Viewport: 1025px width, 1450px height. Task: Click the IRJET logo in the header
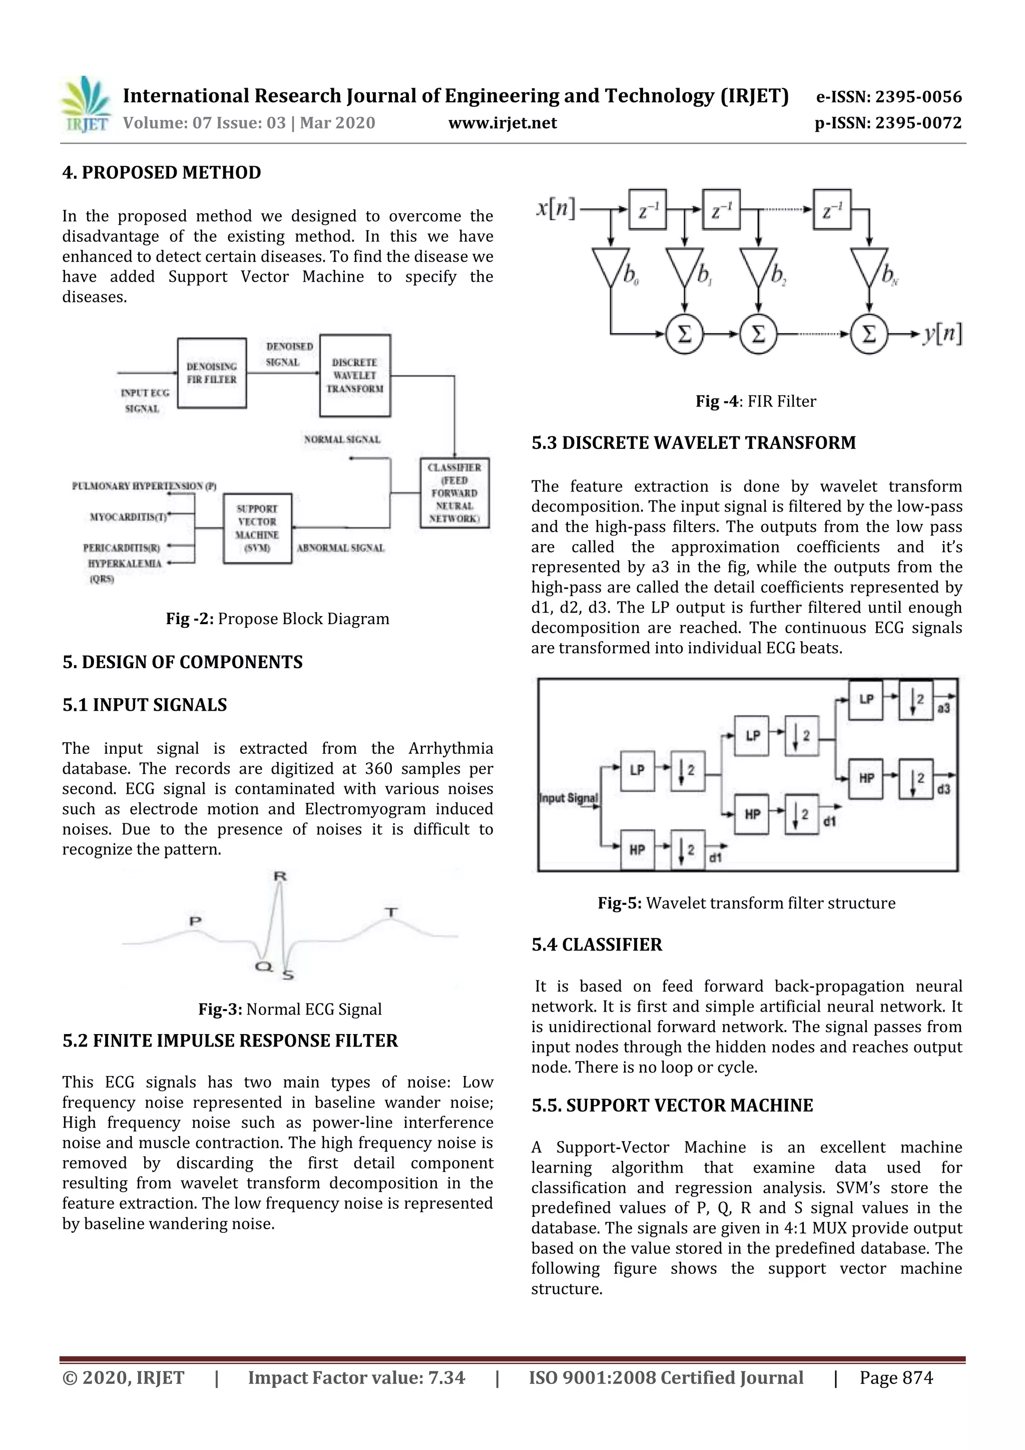(x=85, y=105)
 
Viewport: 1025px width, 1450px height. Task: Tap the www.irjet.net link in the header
(x=502, y=123)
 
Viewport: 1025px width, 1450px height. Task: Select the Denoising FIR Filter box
(x=212, y=373)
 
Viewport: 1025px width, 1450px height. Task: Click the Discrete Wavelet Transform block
(x=354, y=376)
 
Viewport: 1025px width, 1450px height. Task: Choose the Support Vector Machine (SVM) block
(x=257, y=528)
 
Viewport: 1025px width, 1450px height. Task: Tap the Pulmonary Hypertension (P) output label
(x=144, y=487)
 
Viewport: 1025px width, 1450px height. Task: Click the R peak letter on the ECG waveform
(x=280, y=876)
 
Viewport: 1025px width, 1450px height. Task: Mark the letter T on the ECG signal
(x=391, y=912)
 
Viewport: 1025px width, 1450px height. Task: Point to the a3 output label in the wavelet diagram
(x=943, y=709)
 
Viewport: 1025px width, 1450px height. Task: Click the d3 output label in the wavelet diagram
(x=943, y=789)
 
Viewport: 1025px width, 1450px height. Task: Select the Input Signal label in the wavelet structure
(x=569, y=798)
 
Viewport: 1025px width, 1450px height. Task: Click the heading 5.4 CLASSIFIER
(x=596, y=945)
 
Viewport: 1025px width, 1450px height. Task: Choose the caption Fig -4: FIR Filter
(x=755, y=401)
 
